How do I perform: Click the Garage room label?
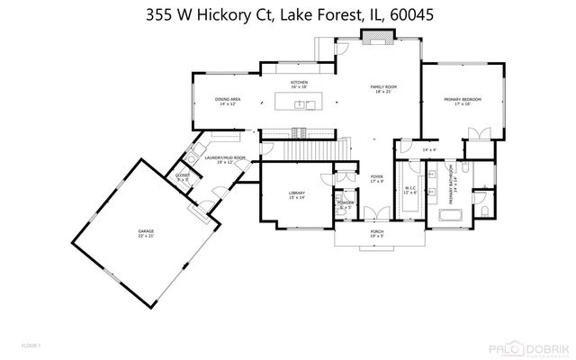coord(146,233)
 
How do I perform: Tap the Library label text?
coord(295,195)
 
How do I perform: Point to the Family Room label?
coord(384,89)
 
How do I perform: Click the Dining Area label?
coord(227,101)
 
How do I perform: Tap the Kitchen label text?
coord(299,84)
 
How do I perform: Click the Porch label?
coord(377,232)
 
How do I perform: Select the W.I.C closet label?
coord(409,190)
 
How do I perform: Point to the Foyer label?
coord(377,179)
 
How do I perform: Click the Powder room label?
coord(345,203)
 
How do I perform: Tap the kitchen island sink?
coord(310,104)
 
